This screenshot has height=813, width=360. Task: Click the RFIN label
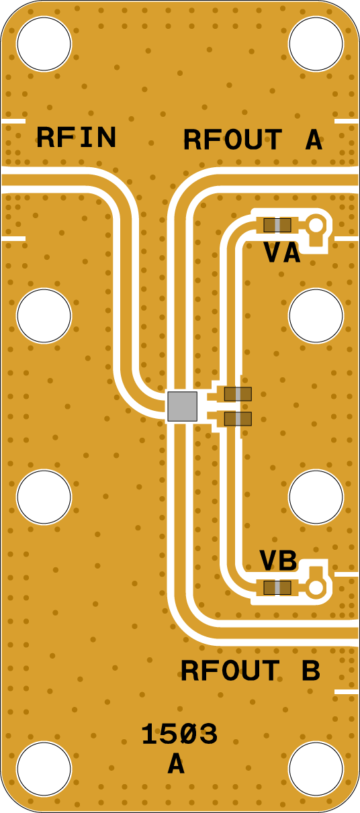click(77, 138)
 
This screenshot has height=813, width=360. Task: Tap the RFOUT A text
click(253, 140)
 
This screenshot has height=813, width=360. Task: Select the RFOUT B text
click(251, 671)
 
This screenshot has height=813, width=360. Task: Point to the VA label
click(282, 253)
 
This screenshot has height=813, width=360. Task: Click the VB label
click(278, 560)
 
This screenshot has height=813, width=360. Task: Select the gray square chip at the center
click(183, 407)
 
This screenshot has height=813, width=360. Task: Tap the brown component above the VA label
click(277, 225)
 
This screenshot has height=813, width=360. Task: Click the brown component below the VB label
click(277, 587)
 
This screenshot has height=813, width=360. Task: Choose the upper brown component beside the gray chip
click(238, 394)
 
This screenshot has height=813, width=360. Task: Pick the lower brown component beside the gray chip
click(238, 419)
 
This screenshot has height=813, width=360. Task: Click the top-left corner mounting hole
click(44, 44)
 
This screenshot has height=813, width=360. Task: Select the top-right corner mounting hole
click(316, 44)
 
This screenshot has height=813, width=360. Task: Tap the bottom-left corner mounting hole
click(44, 769)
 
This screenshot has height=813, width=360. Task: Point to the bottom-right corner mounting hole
click(316, 769)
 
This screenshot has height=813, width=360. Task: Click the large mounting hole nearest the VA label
click(316, 316)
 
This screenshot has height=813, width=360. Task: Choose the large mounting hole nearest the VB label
click(316, 497)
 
